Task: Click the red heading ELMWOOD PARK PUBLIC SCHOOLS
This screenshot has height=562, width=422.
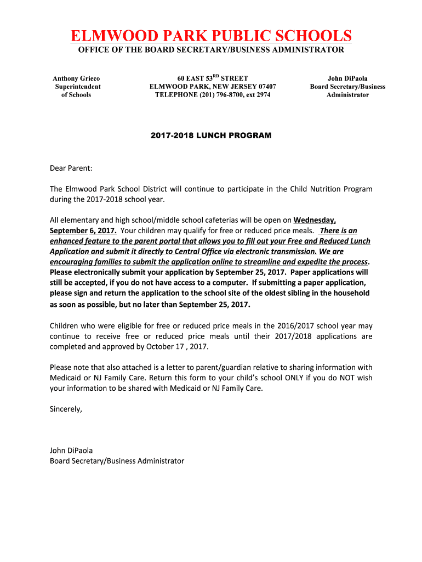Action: click(x=211, y=36)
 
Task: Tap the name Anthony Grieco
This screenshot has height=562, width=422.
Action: click(x=76, y=78)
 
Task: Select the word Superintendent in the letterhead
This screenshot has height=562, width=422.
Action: click(x=78, y=87)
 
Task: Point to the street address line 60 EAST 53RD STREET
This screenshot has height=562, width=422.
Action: click(x=213, y=78)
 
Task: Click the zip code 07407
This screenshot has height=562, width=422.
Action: click(x=264, y=87)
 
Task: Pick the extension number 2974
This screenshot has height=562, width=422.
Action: click(x=262, y=95)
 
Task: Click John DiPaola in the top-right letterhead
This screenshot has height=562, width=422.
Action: click(x=347, y=78)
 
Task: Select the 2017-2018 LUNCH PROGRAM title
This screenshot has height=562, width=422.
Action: click(x=211, y=135)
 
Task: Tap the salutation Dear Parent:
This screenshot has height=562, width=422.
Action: click(x=71, y=168)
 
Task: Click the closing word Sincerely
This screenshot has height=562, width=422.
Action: click(x=65, y=409)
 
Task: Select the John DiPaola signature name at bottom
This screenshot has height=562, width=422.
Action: click(x=71, y=451)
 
